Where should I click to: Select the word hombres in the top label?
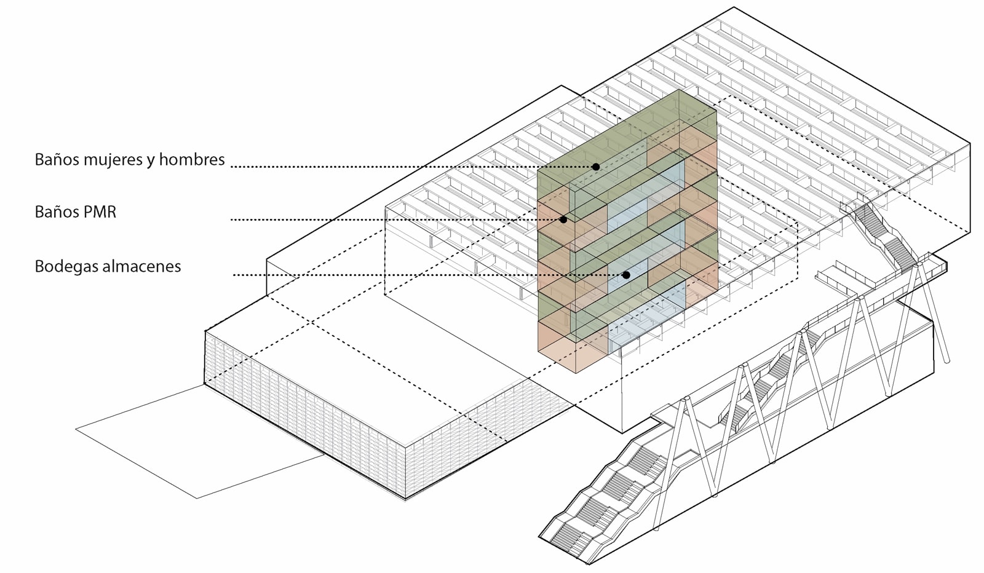coord(191,160)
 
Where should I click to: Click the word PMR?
coord(101,212)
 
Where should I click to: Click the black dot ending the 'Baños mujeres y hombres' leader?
coord(596,167)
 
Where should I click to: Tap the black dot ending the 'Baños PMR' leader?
coord(563,219)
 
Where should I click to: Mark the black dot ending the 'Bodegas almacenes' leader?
coord(626,275)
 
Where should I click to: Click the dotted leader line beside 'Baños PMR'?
coord(394,219)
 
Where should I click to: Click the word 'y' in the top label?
coord(151,161)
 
